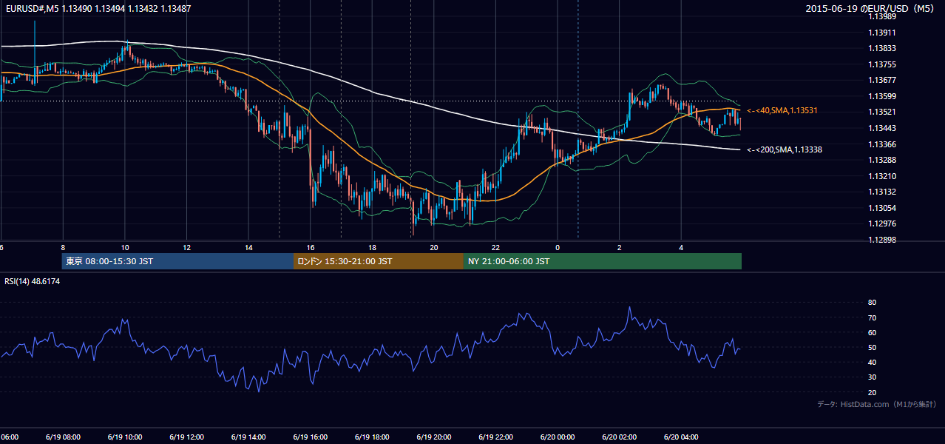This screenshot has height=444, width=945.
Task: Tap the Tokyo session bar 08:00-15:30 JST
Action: [x=177, y=261]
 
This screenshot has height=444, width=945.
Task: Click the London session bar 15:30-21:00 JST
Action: [x=379, y=261]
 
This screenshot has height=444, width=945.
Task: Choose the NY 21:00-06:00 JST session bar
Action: [x=603, y=261]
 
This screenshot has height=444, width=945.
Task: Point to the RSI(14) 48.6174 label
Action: [x=32, y=281]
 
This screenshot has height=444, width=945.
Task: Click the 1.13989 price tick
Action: [x=882, y=17]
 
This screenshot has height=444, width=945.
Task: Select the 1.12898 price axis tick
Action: [x=882, y=240]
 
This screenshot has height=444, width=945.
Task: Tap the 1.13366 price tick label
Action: [x=882, y=144]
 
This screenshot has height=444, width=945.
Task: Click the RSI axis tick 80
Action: [x=872, y=302]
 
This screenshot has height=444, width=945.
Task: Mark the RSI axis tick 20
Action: [x=872, y=392]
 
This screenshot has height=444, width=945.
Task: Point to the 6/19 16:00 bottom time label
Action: [x=311, y=437]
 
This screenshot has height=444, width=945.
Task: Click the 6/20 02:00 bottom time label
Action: [x=620, y=437]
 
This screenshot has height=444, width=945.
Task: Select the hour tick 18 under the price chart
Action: [x=372, y=248]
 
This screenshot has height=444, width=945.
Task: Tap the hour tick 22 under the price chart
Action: [x=495, y=248]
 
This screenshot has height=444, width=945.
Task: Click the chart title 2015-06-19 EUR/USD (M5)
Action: [x=870, y=8]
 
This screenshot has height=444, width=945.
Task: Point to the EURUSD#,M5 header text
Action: [x=33, y=8]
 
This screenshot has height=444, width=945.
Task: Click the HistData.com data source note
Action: [x=877, y=404]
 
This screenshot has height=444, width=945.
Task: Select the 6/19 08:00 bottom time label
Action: [x=64, y=437]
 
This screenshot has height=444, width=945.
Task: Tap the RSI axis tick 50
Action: [x=872, y=347]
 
